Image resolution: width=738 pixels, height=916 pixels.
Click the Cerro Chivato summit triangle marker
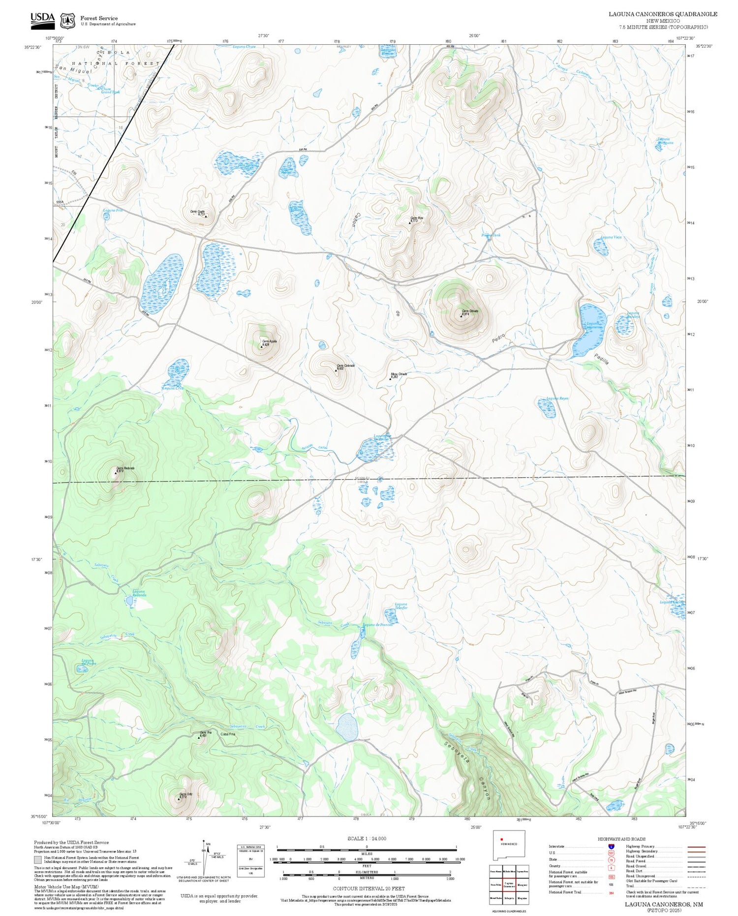point(461,316)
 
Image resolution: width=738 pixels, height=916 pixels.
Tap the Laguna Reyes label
point(557,398)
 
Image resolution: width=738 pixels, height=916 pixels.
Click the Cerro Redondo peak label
point(125,468)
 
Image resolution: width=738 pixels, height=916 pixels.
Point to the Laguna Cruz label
point(173,388)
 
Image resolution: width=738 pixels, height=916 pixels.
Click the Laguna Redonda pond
point(129,601)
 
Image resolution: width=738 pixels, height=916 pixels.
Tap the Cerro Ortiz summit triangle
point(179,799)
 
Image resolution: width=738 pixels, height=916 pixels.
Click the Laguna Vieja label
point(611,237)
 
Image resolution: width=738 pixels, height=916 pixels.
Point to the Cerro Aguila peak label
point(270,341)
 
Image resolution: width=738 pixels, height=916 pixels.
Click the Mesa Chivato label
point(399,374)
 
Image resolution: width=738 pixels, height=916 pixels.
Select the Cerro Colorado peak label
point(345,366)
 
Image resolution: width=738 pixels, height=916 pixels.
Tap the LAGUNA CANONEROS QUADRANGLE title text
point(663,14)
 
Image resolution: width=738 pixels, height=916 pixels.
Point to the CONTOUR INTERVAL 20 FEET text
point(369,889)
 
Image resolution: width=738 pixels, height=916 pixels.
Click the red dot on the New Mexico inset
point(501,839)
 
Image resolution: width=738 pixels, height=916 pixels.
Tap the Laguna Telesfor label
point(401,606)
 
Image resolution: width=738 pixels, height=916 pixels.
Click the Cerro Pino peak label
point(416,218)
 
